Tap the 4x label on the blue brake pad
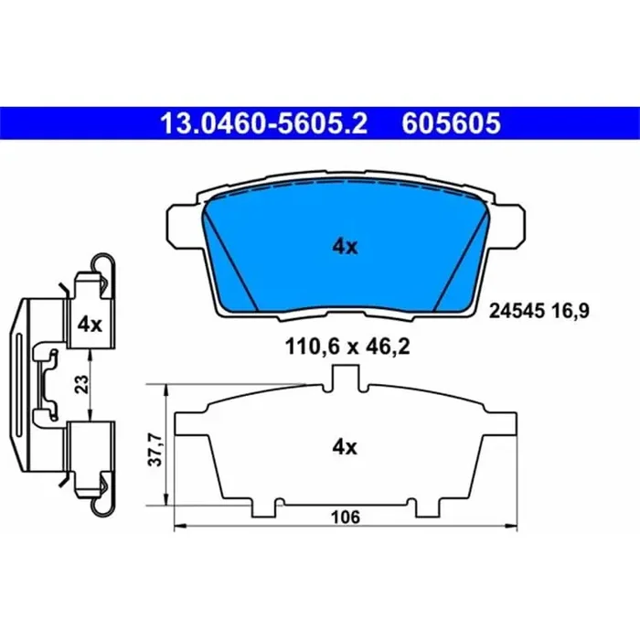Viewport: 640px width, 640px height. coord(345,246)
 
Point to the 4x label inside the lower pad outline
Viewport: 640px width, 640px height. coord(345,447)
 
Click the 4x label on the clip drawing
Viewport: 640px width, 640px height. coord(89,324)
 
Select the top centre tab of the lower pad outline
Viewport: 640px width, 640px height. coord(346,375)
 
